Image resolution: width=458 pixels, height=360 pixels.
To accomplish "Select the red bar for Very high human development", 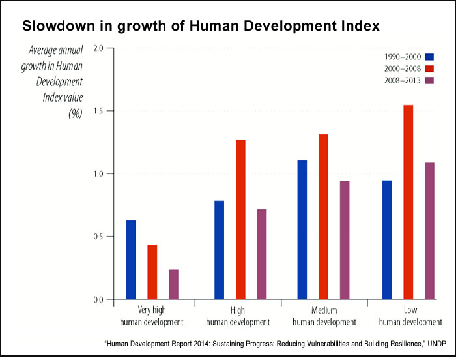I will tap(152, 272).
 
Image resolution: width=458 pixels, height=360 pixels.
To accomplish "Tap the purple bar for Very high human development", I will tap(173, 284).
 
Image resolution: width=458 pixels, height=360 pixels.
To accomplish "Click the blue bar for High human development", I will tap(219, 250).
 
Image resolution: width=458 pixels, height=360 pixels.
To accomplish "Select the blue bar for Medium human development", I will tap(302, 230).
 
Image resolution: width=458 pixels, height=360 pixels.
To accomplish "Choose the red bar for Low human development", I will tap(408, 202).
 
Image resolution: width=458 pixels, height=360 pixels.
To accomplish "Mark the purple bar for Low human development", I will tap(429, 231).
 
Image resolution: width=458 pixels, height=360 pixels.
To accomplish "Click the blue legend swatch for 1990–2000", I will tap(429, 56).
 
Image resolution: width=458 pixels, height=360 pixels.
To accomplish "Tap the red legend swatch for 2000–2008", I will tap(429, 68).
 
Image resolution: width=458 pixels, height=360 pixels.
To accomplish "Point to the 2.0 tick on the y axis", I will tap(98, 49).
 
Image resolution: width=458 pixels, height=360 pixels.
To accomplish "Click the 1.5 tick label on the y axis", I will tap(98, 112).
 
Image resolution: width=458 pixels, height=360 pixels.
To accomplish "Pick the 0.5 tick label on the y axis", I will tap(98, 237).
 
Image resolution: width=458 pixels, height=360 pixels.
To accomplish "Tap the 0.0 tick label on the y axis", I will tap(98, 299).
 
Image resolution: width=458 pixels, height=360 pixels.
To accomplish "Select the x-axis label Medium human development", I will tap(324, 316).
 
